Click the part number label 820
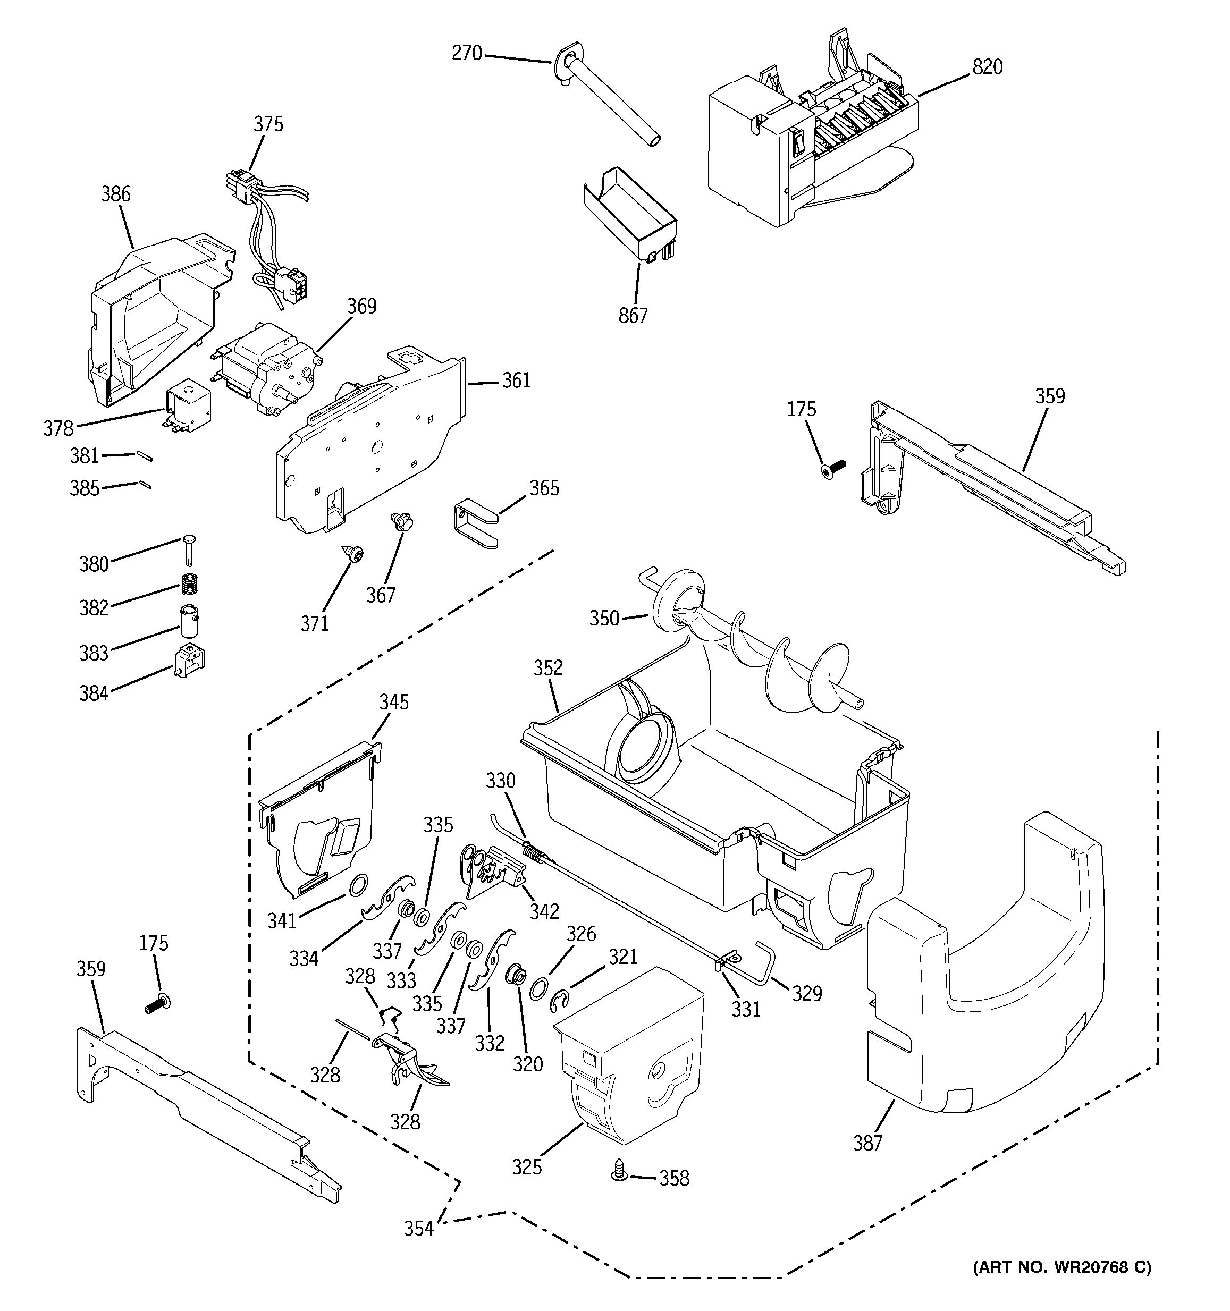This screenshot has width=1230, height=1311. [x=987, y=67]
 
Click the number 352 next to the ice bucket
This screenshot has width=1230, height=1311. [x=548, y=667]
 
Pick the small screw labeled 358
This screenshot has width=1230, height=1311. [x=619, y=1189]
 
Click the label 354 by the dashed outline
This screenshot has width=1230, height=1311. [x=419, y=1229]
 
